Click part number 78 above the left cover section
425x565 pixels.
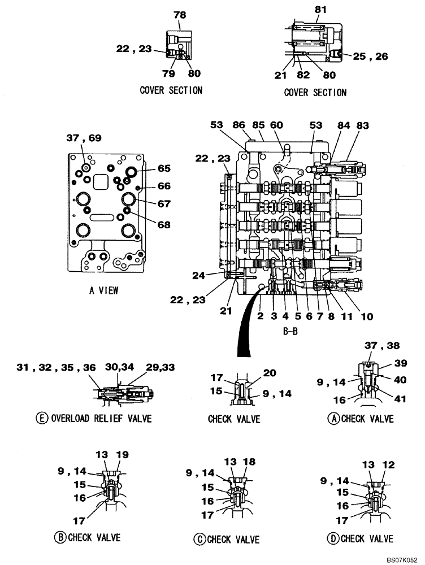179,14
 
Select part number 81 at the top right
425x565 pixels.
320,10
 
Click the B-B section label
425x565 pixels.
290,332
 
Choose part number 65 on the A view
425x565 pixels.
164,168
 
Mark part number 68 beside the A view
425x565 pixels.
164,224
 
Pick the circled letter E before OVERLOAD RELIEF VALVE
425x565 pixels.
41,419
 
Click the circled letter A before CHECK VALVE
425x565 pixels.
334,419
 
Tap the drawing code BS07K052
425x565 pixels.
402,558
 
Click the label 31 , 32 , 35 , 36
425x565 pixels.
55,368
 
